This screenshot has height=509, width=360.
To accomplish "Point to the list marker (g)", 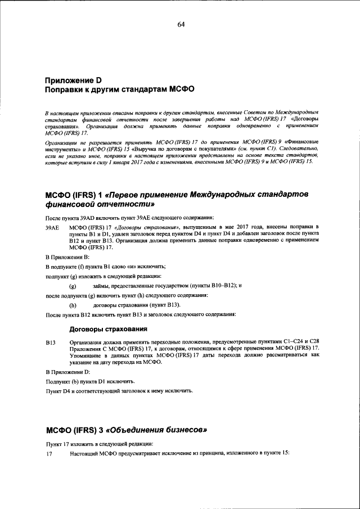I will tap(73, 286).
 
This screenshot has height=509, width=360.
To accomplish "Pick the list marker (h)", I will tap(73, 305).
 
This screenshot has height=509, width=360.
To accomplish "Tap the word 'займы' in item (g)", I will tap(102, 286).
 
